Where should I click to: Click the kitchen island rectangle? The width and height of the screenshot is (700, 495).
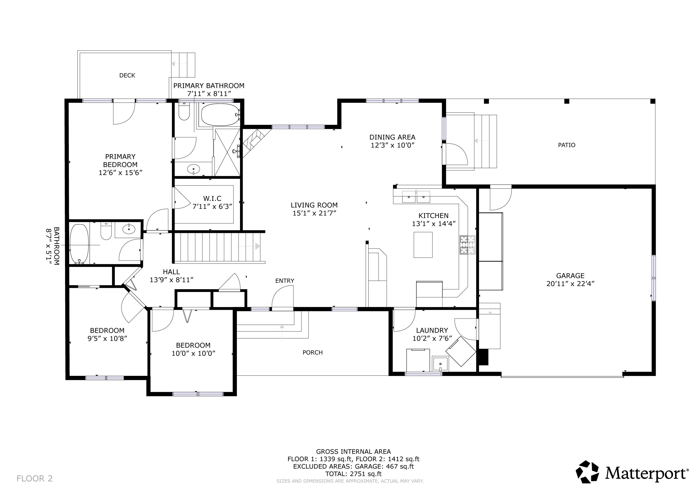(423, 245)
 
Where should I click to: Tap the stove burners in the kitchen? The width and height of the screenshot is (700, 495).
(467, 245)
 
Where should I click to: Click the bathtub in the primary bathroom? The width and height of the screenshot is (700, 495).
(219, 115)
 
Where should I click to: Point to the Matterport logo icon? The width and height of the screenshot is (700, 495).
(587, 472)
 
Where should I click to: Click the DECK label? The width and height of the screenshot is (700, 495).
(127, 75)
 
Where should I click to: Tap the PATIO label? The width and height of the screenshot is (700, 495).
(567, 145)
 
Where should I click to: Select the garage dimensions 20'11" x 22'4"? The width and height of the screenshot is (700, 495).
(570, 284)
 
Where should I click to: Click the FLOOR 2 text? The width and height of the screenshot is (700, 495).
(35, 479)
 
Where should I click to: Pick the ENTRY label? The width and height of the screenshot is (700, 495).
(284, 281)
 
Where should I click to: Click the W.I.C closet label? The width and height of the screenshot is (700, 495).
(212, 198)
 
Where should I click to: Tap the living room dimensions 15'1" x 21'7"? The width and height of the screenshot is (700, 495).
(314, 213)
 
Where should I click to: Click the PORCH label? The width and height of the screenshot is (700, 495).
(313, 352)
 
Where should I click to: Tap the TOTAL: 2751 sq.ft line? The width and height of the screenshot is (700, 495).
(353, 474)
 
